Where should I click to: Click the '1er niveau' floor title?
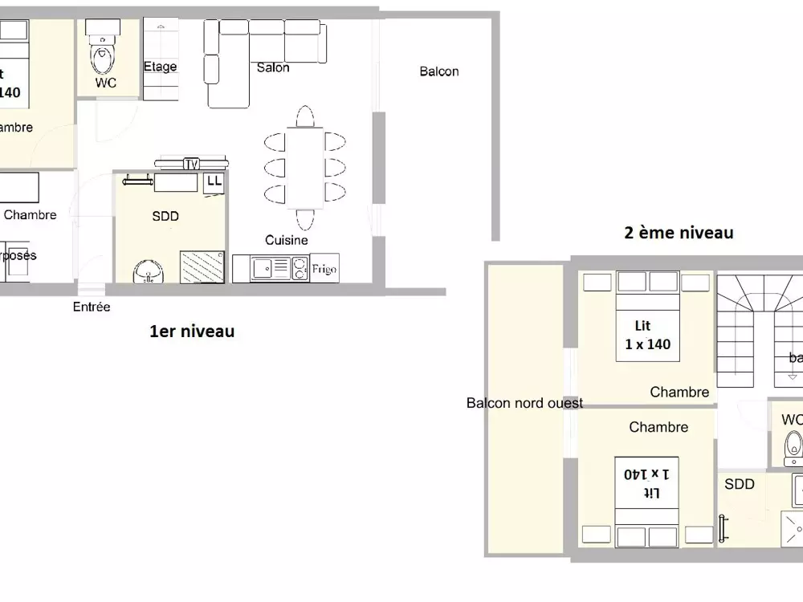pyautogui.click(x=192, y=331)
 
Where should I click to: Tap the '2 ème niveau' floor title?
pyautogui.click(x=679, y=233)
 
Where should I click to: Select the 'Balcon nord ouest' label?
pyautogui.click(x=524, y=403)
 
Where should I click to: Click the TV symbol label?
pyautogui.click(x=191, y=165)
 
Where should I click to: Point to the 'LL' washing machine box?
pyautogui.click(x=214, y=181)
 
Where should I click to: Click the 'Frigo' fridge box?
pyautogui.click(x=324, y=269)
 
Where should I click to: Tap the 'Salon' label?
pyautogui.click(x=273, y=67)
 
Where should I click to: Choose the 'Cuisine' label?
pyautogui.click(x=287, y=240)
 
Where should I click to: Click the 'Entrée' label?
pyautogui.click(x=92, y=307)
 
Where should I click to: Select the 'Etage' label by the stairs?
pyautogui.click(x=160, y=67)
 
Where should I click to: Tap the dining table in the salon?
pyautogui.click(x=305, y=168)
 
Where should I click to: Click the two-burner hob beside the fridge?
pyautogui.click(x=300, y=268)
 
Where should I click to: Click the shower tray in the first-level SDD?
pyautogui.click(x=202, y=266)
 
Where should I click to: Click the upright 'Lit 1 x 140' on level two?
pyautogui.click(x=647, y=335)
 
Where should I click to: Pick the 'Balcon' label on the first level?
pyautogui.click(x=439, y=71)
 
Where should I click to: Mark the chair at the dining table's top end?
pyautogui.click(x=304, y=117)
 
